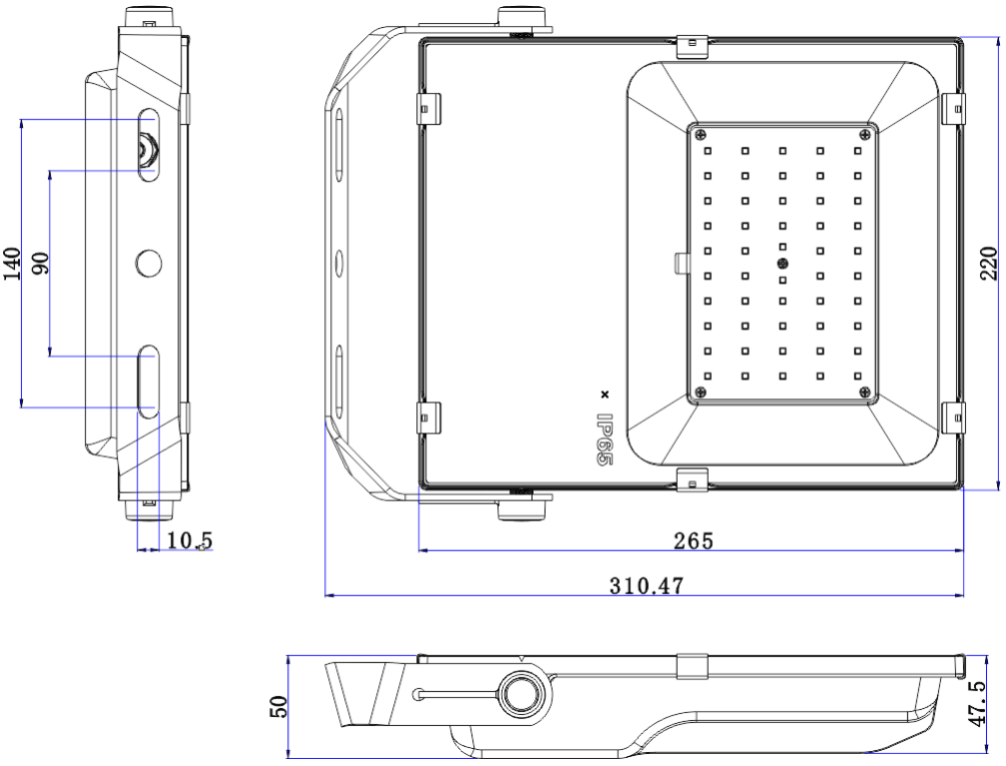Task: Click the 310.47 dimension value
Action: point(646,586)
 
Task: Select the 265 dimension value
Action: point(693,540)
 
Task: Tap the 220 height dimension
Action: point(989,263)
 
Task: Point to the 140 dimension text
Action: point(13,264)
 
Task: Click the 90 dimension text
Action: point(41,264)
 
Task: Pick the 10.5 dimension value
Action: point(190,540)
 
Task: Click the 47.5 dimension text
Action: point(989,704)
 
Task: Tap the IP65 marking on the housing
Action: point(604,440)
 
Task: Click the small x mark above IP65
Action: point(603,393)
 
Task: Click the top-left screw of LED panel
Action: point(702,134)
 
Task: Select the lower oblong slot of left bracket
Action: point(149,380)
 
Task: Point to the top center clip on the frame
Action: point(691,45)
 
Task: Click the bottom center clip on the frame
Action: point(691,480)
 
